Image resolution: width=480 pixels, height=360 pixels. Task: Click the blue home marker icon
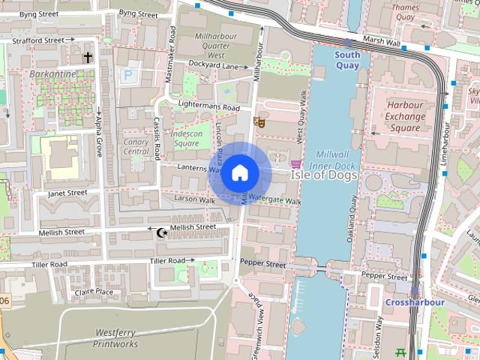239,172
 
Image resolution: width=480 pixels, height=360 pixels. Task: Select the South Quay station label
347,60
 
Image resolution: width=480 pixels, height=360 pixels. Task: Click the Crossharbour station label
415,302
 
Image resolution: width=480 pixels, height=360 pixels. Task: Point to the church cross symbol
88,56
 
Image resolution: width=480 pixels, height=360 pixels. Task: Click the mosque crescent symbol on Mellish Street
160,232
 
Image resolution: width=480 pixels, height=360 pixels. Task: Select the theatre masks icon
260,121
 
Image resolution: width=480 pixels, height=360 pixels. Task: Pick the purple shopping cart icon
296,163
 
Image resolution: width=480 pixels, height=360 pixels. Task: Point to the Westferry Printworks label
115,338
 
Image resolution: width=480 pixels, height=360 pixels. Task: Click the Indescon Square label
187,138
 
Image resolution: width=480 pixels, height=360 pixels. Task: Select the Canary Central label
136,146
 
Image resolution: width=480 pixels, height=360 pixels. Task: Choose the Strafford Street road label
34,40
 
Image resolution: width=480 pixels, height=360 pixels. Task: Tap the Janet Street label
67,193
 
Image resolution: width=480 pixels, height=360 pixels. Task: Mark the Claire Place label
94,292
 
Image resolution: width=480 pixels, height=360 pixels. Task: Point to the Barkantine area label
52,75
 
